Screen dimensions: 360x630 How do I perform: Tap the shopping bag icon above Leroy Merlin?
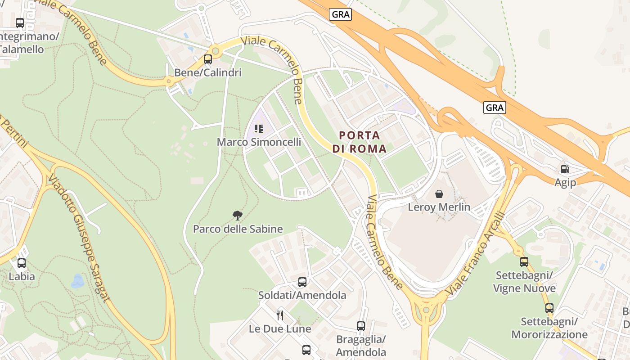(439, 194)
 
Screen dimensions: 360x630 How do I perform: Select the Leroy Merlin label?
(439, 207)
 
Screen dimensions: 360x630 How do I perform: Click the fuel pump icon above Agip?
(565, 169)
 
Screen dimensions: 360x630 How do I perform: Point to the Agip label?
(565, 182)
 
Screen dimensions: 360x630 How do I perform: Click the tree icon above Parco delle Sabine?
(238, 215)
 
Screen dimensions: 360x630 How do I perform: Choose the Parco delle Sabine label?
(238, 229)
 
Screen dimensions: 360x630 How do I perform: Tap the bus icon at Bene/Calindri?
(207, 59)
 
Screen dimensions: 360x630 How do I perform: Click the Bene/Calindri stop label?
(207, 72)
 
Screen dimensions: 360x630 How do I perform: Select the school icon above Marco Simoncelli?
(258, 129)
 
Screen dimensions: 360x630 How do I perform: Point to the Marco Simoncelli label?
(259, 142)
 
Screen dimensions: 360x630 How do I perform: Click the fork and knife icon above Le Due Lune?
(280, 315)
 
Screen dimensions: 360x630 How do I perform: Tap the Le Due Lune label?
(280, 329)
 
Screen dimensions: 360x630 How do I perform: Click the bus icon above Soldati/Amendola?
(302, 282)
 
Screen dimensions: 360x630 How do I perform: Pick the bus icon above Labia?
(21, 263)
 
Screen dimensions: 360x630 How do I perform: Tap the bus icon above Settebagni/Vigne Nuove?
(524, 261)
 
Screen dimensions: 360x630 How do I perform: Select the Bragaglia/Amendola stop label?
(361, 346)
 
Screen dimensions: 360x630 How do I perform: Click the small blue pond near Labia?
(77, 281)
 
